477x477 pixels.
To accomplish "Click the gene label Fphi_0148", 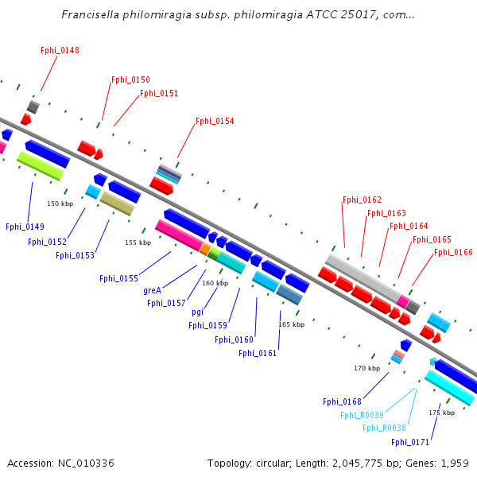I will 60,50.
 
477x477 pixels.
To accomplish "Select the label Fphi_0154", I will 215,121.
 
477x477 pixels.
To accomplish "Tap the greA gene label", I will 153,290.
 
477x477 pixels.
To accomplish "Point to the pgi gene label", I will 197,312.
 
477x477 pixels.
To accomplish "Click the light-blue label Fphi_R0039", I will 362,415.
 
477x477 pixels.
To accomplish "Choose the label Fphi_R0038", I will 384,428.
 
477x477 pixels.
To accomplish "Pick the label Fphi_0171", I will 410,442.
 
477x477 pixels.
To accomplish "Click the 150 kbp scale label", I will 60,204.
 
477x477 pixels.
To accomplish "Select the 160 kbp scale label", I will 215,283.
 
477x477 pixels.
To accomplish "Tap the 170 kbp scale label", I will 366,368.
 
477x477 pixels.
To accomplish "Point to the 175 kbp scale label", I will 441,413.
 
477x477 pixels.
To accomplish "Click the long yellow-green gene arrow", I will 41,165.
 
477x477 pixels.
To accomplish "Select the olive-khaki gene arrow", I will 117,204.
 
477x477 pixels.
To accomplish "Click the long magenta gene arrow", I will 178,235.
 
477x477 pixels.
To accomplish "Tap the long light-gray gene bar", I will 362,277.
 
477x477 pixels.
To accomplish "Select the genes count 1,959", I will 453,463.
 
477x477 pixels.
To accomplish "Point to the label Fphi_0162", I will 362,200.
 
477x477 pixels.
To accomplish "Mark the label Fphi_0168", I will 342,401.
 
